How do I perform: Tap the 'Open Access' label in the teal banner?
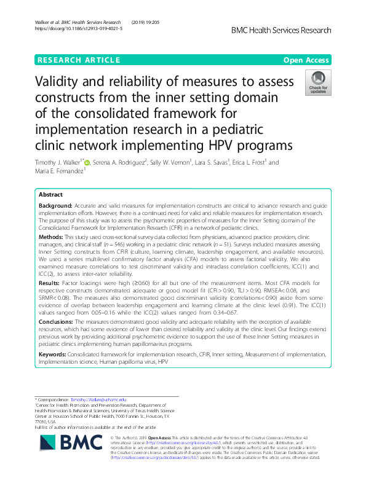pos(307,60)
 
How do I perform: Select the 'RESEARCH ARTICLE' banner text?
pos(79,60)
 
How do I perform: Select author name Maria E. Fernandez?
pos(59,171)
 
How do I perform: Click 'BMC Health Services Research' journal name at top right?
pos(280,29)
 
